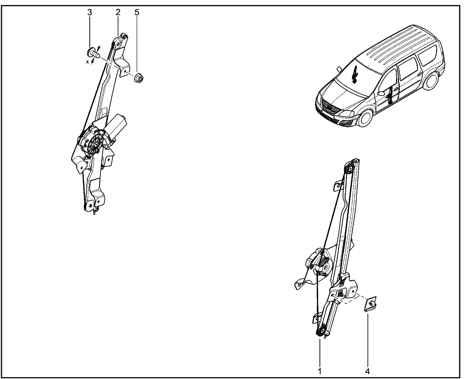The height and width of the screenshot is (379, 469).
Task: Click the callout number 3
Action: tap(89, 12)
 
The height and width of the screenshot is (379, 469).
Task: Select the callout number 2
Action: tap(118, 12)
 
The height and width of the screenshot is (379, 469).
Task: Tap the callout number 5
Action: tap(137, 12)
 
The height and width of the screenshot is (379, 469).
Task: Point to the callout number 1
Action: tap(320, 371)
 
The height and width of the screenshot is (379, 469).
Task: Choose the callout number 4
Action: tap(368, 371)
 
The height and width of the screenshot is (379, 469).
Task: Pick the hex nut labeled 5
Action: tap(139, 78)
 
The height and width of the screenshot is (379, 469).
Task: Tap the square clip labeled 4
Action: tap(370, 304)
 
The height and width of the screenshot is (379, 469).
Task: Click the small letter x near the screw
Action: tap(87, 62)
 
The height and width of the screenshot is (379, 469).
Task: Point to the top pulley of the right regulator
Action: tap(349, 169)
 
